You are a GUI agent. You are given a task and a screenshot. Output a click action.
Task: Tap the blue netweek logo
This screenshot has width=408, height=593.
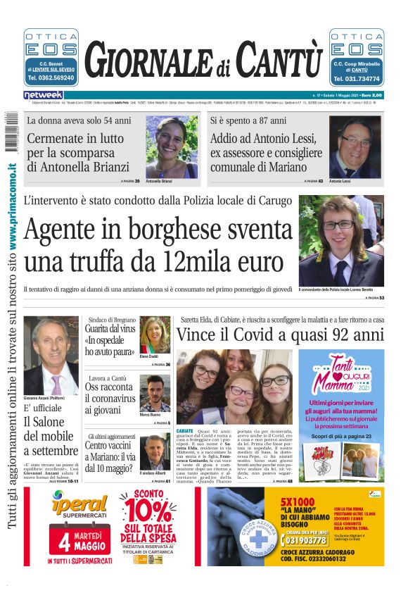pos(43,95)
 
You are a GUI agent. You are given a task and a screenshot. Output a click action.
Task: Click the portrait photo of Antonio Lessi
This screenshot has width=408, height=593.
pos(356,147)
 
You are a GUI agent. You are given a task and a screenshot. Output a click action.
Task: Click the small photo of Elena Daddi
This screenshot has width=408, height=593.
pos(155,335)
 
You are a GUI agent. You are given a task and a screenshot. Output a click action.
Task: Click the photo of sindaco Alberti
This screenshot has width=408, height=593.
pos(155,451)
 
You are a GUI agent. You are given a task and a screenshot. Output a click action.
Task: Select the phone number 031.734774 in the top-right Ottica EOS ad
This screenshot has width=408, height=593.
pos(357,79)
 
